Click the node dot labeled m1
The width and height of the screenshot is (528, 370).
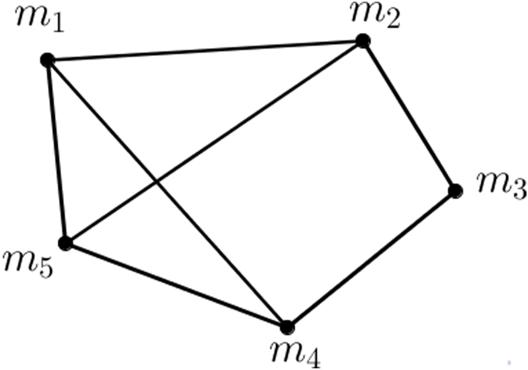tap(46, 60)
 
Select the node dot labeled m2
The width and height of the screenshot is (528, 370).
tap(362, 41)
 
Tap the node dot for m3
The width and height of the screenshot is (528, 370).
tap(454, 190)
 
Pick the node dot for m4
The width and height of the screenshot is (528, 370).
tap(287, 327)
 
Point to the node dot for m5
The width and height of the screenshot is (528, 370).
tap(64, 242)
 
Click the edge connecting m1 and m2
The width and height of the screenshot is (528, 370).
tap(203, 51)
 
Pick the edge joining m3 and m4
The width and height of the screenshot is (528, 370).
tap(371, 259)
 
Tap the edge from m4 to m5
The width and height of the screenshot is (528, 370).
tap(176, 285)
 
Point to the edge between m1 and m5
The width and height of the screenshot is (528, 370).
tap(55, 151)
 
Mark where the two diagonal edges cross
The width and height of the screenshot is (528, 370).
tap(156, 183)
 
